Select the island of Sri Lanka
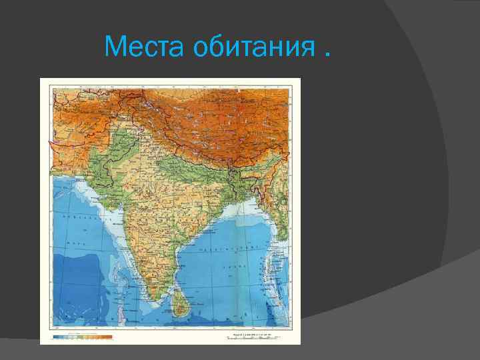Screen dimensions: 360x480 (x=178, y=304)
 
